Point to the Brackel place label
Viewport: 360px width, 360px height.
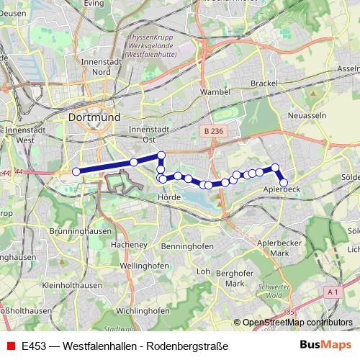(264, 84)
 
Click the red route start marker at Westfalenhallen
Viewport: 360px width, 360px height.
(75, 171)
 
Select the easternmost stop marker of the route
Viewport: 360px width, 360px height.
(284, 183)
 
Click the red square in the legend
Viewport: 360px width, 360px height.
(10, 346)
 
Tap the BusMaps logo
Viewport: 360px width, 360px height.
(325, 346)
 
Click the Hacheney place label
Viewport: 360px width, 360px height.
(130, 245)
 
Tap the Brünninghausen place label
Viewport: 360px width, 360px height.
(80, 231)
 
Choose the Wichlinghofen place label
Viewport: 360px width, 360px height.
(142, 310)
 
